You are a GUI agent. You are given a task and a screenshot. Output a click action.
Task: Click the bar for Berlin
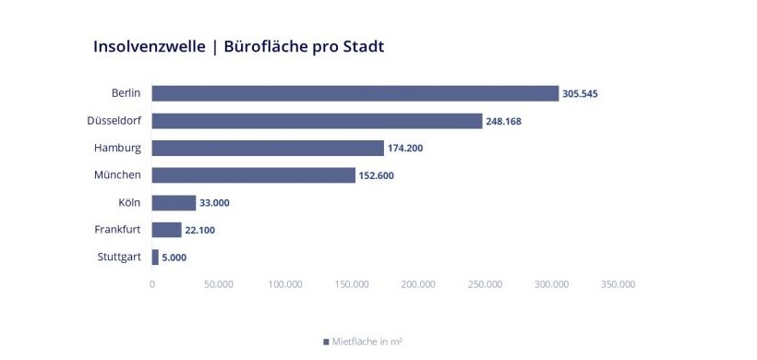[x=355, y=93]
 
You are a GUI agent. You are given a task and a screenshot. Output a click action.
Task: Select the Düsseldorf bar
[x=317, y=121]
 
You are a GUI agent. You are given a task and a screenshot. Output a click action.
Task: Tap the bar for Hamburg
[x=268, y=148]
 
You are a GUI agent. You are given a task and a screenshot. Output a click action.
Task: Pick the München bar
[x=254, y=175]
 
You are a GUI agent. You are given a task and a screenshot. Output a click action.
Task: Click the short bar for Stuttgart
[x=155, y=258]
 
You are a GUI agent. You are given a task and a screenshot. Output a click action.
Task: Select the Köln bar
[x=174, y=203]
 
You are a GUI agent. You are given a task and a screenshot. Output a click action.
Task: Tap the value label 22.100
[x=200, y=230]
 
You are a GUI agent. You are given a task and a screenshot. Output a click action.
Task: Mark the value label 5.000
[x=174, y=258]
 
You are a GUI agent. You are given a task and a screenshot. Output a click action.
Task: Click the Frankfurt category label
[x=117, y=230]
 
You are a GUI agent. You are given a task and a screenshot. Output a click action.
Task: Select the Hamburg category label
[x=117, y=148]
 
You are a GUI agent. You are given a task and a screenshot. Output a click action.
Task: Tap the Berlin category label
[x=126, y=93]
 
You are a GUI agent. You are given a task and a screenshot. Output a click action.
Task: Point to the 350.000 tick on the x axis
[x=618, y=284]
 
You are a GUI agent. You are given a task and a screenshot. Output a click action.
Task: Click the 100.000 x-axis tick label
[x=285, y=284]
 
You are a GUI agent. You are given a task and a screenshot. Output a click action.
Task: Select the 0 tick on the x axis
[x=152, y=284]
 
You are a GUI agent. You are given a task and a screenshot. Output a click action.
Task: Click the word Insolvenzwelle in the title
[x=149, y=46]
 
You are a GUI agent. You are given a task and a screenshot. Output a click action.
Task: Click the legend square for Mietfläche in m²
[x=326, y=342]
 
